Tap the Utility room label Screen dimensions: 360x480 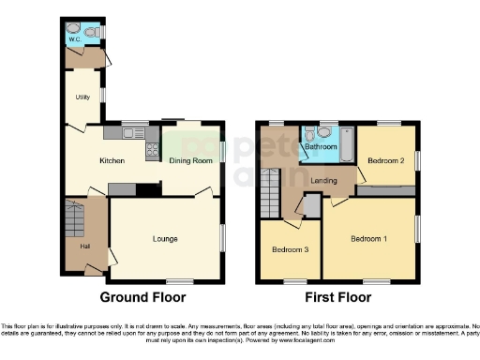point(82,97)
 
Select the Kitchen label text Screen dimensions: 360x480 point(112,161)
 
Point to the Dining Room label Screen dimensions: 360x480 point(190,161)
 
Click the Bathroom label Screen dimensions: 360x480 point(319,147)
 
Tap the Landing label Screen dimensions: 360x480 point(324,180)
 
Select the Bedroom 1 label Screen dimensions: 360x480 point(368,239)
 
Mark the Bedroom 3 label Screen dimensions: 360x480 point(288,250)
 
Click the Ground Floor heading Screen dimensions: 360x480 point(143,297)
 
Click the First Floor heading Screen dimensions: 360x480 point(337,297)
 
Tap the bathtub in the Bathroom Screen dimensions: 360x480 point(345,143)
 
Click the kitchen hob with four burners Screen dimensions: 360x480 point(151,148)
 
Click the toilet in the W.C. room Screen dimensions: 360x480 point(73,28)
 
